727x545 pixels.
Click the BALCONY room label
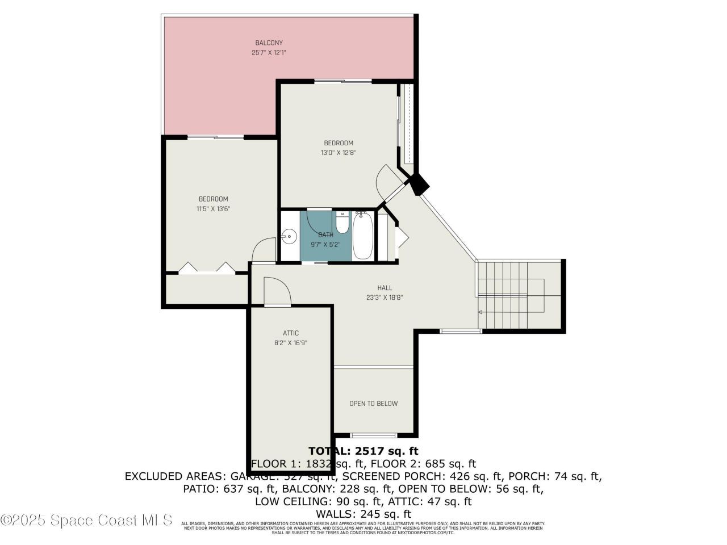(269, 43)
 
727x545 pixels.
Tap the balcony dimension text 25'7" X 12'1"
(269, 52)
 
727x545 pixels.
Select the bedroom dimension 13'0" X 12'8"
(339, 152)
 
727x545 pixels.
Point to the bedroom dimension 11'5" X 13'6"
(213, 208)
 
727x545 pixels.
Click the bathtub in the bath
(363, 236)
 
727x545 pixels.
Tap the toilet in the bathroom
(342, 223)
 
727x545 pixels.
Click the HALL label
(385, 287)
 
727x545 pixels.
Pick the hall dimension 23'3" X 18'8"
(385, 297)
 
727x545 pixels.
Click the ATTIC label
(291, 333)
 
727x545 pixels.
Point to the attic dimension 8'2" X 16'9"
(291, 342)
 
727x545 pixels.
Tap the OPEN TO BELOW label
(373, 404)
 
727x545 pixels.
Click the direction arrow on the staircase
(481, 312)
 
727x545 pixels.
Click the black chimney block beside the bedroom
(420, 184)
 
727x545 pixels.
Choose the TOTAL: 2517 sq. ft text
(363, 451)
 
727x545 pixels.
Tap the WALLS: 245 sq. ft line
(363, 514)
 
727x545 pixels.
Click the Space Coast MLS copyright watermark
(86, 519)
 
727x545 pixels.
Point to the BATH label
(325, 234)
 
